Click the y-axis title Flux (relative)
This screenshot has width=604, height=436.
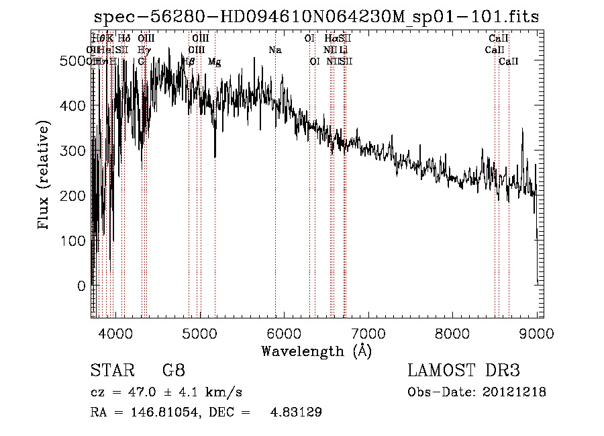pos(44,176)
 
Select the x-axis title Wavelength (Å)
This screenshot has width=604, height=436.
pos(316,351)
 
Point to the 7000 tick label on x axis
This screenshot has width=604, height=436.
pos(368,333)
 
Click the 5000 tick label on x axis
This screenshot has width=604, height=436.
pos(199,333)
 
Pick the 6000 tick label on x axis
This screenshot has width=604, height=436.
pos(284,333)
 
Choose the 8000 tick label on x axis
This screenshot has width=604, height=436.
pos(452,333)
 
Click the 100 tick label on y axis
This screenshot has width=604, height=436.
pos(75,241)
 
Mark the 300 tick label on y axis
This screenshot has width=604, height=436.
pos(75,150)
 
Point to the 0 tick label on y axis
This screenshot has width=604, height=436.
pos(81,286)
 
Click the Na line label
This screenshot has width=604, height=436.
pos(274,50)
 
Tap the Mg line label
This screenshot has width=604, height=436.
pos(215,62)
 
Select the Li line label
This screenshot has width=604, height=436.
pos(343,50)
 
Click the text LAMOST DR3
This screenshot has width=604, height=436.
pos(463,371)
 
